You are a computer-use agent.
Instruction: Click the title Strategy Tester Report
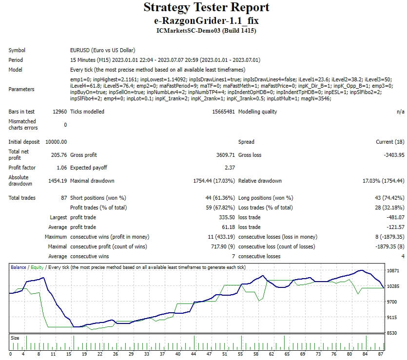coord(206,8)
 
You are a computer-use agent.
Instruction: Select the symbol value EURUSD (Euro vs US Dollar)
coord(102,50)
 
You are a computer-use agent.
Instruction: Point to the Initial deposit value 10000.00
coord(56,142)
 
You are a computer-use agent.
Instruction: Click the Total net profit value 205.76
coord(58,155)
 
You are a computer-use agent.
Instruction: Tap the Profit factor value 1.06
coord(61,168)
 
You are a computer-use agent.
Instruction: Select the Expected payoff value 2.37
coord(230,168)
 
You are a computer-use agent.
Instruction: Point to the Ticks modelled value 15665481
coord(222,112)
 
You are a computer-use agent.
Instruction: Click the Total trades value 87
coord(63,198)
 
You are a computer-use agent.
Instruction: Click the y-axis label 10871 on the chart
coord(392,270)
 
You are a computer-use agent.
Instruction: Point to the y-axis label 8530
coord(392,333)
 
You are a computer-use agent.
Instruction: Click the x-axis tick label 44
coord(194,354)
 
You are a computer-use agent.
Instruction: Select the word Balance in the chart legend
coord(19,267)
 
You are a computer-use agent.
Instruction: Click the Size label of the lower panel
coord(15,338)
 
